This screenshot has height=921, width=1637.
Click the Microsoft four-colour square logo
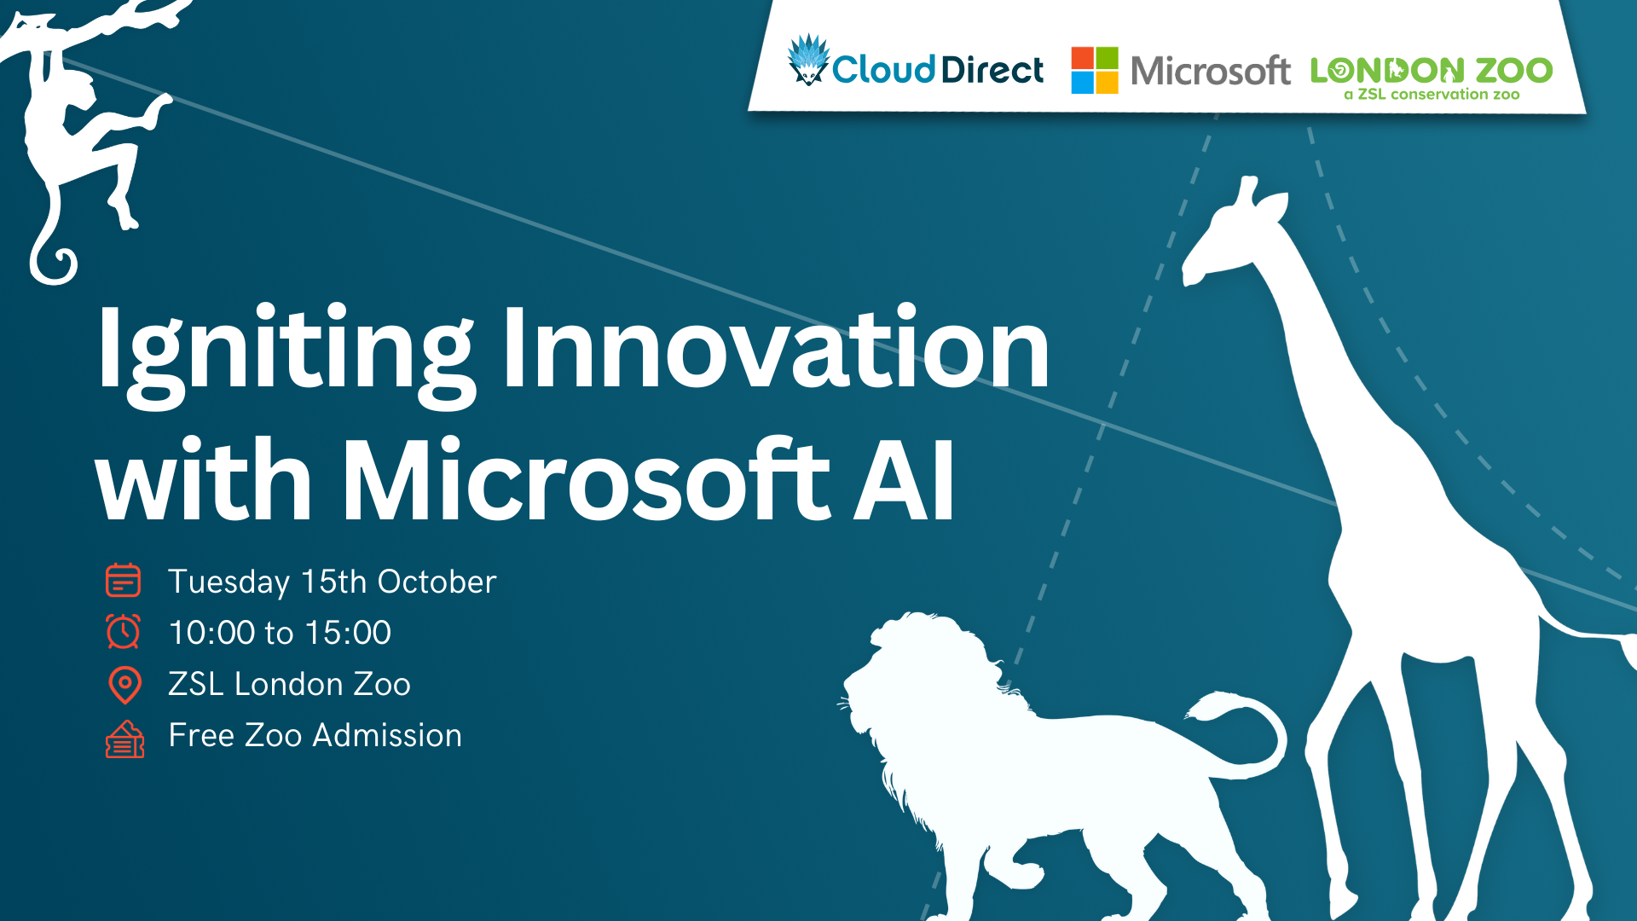[x=1095, y=70]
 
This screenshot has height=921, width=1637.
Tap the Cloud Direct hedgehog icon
[x=807, y=60]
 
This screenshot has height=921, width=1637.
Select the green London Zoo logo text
[x=1431, y=70]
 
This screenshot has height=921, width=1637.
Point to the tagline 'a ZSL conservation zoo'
[x=1432, y=95]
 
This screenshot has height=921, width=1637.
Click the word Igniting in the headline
[x=285, y=351]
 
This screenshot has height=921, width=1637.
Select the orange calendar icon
[x=123, y=581]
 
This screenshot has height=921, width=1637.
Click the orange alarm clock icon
[x=124, y=632]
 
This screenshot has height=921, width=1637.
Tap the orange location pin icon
[x=124, y=684]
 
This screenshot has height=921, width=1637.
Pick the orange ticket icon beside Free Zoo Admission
[x=124, y=739]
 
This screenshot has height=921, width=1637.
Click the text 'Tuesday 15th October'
[x=332, y=582]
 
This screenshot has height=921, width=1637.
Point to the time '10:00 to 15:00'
[x=280, y=633]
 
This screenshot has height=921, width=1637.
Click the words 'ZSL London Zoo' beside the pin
[x=289, y=684]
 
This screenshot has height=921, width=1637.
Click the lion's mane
[x=929, y=682]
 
